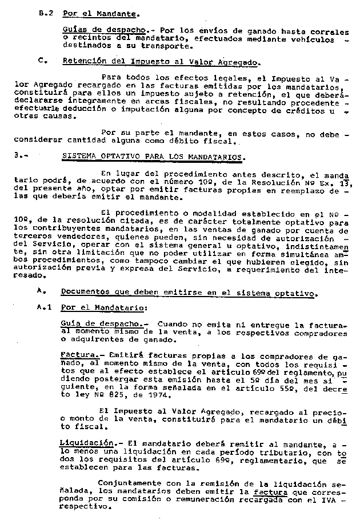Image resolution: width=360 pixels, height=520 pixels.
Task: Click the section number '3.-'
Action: pyautogui.click(x=26, y=155)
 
